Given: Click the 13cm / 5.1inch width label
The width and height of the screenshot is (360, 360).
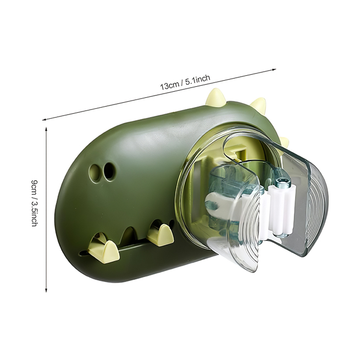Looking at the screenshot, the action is (185, 82).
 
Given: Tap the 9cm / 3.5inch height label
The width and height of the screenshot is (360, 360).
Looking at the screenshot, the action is (34, 203).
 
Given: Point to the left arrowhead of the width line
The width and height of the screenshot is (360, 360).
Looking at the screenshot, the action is (45, 119).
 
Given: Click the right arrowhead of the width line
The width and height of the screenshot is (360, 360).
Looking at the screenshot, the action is (274, 69).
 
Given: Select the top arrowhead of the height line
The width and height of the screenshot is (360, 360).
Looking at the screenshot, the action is (46, 129).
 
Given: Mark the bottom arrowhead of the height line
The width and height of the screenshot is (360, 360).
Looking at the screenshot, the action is (46, 290).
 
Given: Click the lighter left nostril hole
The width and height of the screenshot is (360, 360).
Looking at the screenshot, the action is (95, 173).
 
